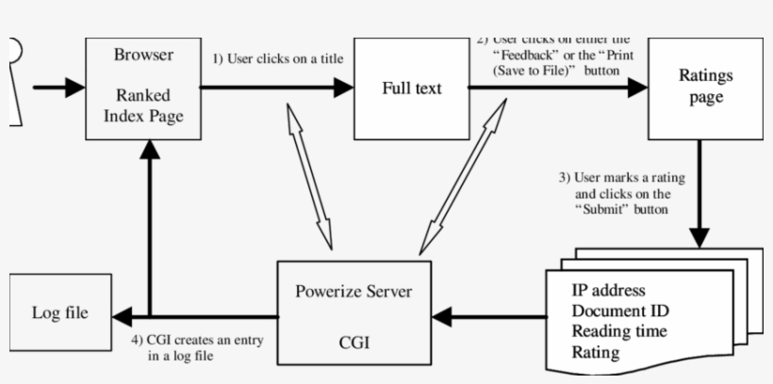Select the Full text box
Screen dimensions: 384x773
tap(411, 88)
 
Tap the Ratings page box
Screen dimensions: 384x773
tap(699, 87)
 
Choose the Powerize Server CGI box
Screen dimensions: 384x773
tap(354, 313)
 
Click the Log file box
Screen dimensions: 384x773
tap(59, 313)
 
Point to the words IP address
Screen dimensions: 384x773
tap(608, 290)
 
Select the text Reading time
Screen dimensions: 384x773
tap(619, 331)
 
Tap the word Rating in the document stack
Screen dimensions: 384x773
tap(596, 353)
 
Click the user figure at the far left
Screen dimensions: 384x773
tap(11, 80)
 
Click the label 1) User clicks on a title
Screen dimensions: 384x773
tap(277, 59)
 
